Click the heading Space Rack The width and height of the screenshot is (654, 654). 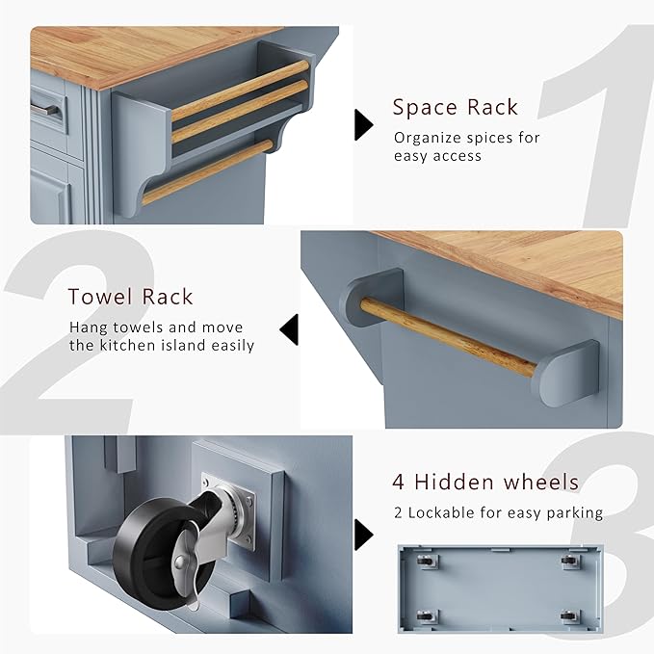tap(455, 107)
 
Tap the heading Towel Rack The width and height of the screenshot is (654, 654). tap(131, 297)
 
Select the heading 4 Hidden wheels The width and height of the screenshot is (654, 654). tap(485, 482)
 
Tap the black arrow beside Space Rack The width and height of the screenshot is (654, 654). tap(363, 124)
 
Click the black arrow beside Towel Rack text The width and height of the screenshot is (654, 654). tap(290, 329)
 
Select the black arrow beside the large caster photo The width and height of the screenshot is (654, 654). tap(363, 535)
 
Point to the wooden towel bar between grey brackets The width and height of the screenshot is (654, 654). tap(449, 337)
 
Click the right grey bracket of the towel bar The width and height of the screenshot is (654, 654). tap(569, 373)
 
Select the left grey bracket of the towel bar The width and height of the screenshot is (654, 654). tap(371, 297)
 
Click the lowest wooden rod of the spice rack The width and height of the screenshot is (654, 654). tap(207, 171)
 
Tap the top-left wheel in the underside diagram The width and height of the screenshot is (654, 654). tap(427, 562)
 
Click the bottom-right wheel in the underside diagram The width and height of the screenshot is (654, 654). tap(570, 616)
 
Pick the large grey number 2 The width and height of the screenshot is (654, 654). tap(75, 331)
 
